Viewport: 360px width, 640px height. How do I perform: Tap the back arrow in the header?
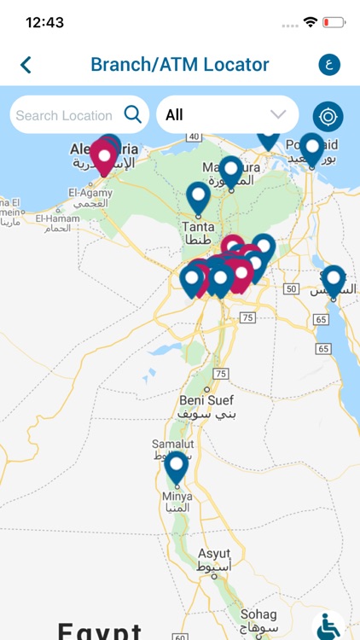pos(26,64)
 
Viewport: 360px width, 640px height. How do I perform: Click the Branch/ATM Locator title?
pos(180,64)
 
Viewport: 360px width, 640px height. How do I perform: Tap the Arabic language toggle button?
pos(328,64)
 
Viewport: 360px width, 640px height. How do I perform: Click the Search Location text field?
pos(64,115)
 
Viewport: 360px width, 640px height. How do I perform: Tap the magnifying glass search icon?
pos(133,114)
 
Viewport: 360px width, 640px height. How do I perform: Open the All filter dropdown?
pos(227,114)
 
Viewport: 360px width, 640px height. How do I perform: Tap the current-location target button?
pos(328,116)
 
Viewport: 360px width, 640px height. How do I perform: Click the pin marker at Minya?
pos(177,468)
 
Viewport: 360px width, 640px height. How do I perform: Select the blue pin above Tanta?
pos(199,197)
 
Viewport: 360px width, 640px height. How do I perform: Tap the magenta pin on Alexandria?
pos(105,157)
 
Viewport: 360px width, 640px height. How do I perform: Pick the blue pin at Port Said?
pos(312,148)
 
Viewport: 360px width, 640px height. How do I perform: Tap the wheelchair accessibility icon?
pos(328,627)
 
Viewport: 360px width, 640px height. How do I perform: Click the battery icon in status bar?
pos(334,22)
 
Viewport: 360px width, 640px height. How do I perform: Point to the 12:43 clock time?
pos(45,22)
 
